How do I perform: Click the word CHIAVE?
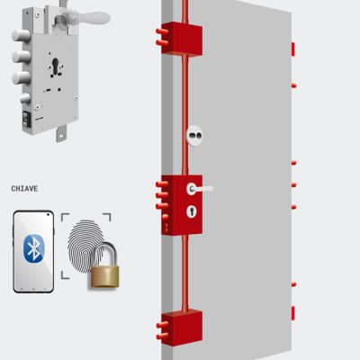click(24, 189)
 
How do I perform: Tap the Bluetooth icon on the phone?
click(33, 248)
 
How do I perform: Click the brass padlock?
click(104, 265)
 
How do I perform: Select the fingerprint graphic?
click(85, 246)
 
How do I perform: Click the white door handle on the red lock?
click(200, 189)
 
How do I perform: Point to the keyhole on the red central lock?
click(192, 211)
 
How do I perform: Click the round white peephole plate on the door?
click(194, 135)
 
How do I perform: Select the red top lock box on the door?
click(182, 40)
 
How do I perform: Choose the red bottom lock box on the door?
click(182, 328)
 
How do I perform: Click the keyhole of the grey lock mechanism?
click(56, 67)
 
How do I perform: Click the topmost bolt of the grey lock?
click(21, 36)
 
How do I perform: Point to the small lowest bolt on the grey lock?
click(25, 98)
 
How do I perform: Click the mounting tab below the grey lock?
click(61, 134)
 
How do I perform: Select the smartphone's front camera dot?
click(48, 214)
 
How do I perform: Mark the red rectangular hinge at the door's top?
click(293, 49)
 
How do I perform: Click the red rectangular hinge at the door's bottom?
click(293, 313)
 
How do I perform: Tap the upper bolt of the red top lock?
click(162, 31)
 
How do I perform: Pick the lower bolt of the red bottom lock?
click(162, 336)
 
